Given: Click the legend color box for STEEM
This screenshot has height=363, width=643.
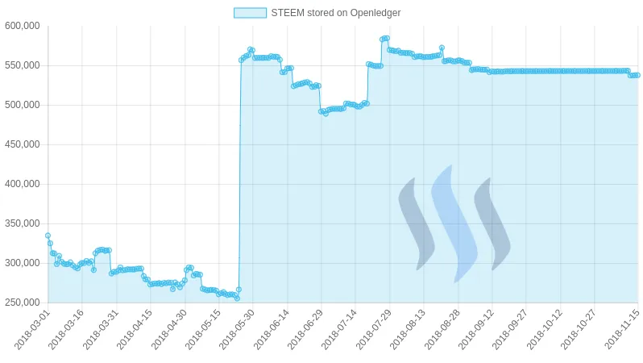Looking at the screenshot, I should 249,13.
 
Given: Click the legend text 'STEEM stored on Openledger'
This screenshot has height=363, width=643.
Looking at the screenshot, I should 335,13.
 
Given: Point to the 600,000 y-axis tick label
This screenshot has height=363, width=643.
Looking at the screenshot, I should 23,26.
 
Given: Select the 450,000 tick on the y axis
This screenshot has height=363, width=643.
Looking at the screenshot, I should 23,144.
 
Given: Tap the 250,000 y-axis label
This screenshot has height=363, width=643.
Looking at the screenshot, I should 23,302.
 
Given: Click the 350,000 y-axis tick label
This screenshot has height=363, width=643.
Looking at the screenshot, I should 23,223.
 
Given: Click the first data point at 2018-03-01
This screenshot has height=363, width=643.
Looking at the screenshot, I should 48,236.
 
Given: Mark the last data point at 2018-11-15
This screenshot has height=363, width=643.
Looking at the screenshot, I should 637,75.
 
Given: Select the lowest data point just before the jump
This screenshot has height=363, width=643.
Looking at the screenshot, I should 237,298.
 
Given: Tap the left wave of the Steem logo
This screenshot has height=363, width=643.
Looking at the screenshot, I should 416,223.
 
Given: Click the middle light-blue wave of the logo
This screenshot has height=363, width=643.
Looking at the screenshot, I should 454,223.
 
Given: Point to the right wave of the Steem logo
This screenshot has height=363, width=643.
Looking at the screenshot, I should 492,223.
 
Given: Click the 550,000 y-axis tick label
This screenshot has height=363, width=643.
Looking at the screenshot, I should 23,65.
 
